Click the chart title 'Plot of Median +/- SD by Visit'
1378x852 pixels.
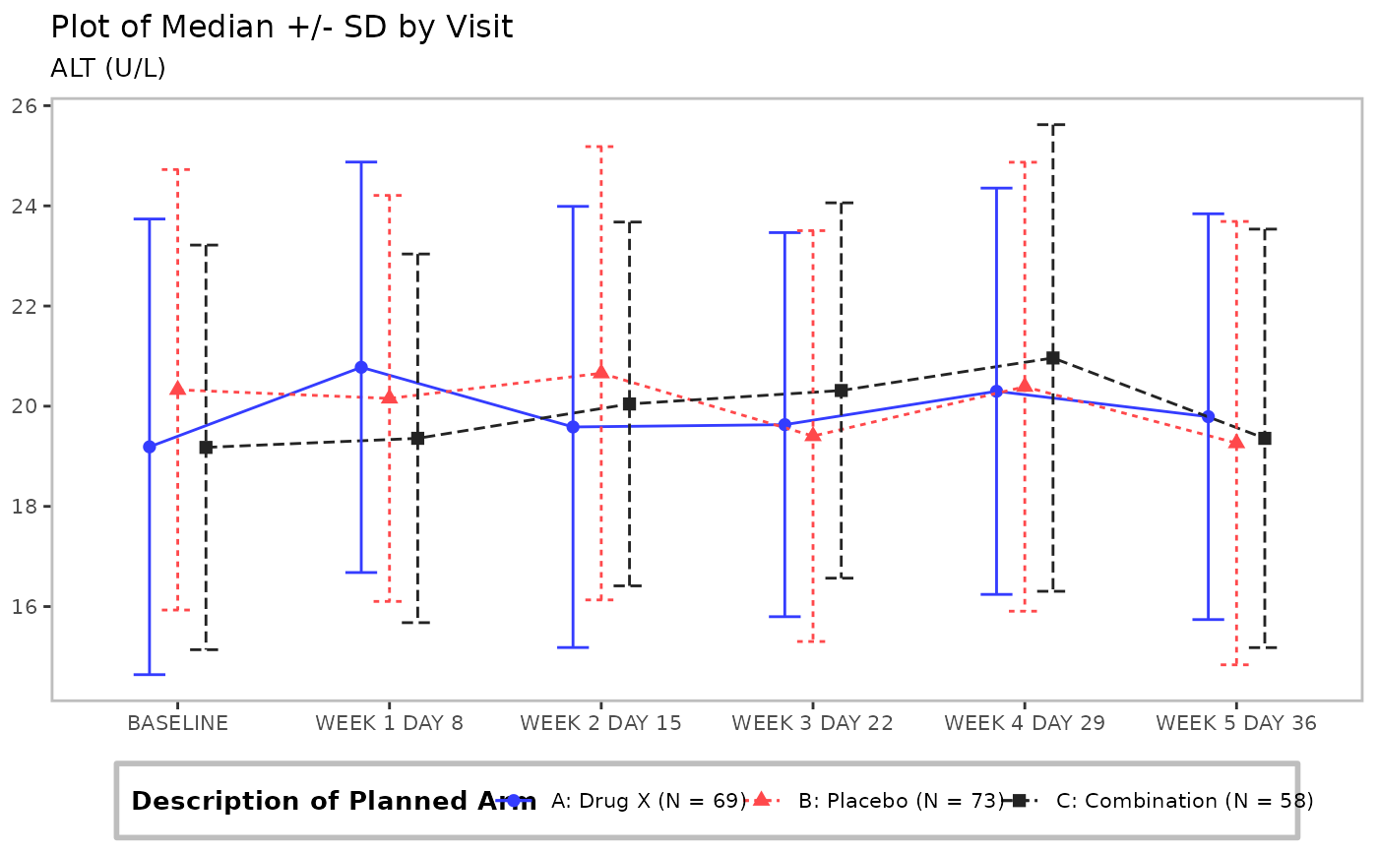282,28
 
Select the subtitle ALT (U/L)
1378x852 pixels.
108,68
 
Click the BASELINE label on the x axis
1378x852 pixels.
177,723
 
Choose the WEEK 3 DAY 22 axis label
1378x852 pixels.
812,723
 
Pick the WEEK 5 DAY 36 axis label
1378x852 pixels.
1235,723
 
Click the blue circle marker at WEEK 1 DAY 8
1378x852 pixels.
361,367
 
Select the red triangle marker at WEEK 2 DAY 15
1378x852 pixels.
600,372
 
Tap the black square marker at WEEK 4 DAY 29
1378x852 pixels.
1052,358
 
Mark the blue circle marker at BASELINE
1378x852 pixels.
150,447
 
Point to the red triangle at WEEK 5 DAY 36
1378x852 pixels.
1236,442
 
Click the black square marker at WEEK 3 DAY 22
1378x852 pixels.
841,391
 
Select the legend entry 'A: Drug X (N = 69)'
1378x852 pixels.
648,801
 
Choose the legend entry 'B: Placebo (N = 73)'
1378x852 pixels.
900,801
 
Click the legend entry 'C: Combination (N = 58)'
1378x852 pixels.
1184,801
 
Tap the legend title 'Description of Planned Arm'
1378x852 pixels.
333,801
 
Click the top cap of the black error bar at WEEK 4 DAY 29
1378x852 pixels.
1052,125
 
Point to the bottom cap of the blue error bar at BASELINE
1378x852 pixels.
150,674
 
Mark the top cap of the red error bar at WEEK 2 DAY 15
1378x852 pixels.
600,147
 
